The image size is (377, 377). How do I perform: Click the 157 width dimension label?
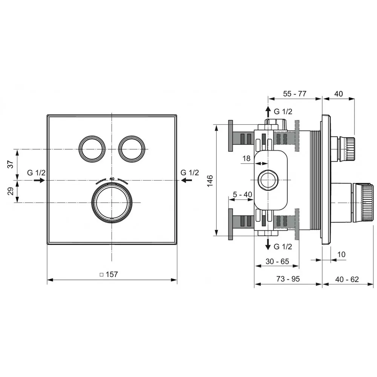[109, 274]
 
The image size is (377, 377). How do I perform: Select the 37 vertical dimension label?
[11, 164]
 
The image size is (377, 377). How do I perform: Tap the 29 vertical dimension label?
[11, 191]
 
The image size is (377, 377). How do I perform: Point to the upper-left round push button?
[92, 149]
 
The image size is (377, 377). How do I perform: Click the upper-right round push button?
[132, 149]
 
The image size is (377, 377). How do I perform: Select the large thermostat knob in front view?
[112, 203]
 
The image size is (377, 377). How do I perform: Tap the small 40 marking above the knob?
[112, 179]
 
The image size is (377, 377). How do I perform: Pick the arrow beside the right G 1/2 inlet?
[187, 180]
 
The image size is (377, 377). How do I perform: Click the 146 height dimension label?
[210, 181]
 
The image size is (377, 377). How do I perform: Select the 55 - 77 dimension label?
[294, 94]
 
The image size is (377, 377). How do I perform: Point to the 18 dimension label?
[247, 158]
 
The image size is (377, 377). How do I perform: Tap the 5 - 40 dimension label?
[242, 194]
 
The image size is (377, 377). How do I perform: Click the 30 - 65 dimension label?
[277, 261]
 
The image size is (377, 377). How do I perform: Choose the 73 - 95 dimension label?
[288, 279]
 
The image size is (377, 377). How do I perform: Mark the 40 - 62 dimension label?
[347, 279]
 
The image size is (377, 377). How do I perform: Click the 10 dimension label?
[342, 254]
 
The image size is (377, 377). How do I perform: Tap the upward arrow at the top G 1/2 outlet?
[268, 112]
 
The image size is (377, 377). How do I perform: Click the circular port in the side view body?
[268, 180]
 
